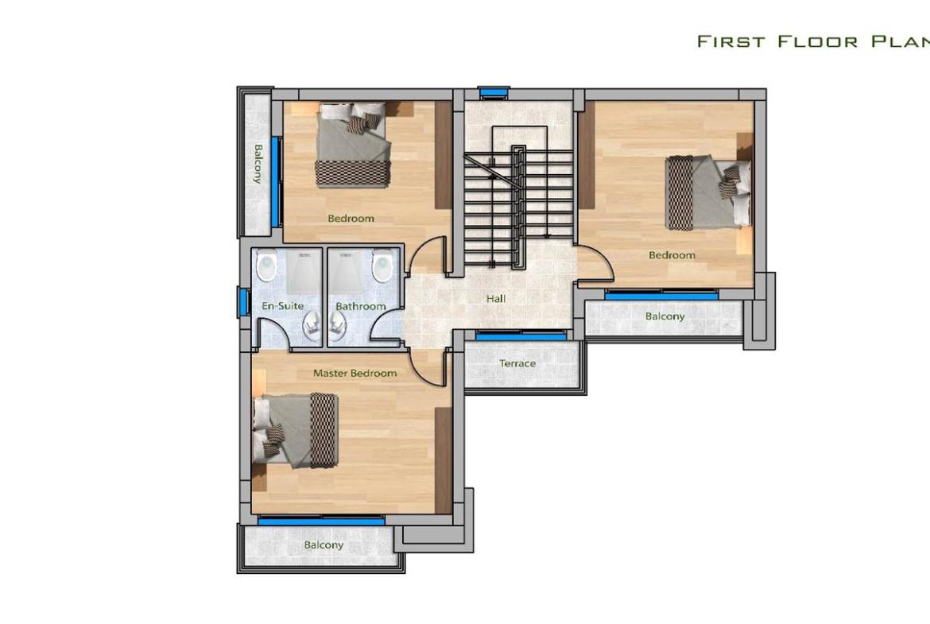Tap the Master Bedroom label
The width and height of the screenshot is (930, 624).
tap(355, 373)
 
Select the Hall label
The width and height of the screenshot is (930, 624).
tap(496, 298)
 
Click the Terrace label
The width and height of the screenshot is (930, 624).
tap(517, 363)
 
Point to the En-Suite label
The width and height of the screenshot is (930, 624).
tap(282, 306)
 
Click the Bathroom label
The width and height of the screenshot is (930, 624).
tap(361, 306)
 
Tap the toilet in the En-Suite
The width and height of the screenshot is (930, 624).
tap(267, 266)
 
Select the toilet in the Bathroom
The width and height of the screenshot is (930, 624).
tap(382, 266)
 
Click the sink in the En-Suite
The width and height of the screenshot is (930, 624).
tap(312, 326)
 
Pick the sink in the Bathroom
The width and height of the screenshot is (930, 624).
tap(338, 326)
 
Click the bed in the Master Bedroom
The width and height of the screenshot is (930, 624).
tap(296, 431)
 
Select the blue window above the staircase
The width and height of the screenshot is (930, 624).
tap(494, 92)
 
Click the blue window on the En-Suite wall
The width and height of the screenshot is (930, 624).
tap(243, 301)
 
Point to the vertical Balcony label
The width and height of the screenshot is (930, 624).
tap(258, 164)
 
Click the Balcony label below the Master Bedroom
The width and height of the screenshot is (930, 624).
tap(324, 545)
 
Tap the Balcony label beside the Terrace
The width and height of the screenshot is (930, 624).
tap(665, 316)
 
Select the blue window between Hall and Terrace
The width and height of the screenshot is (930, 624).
tap(521, 335)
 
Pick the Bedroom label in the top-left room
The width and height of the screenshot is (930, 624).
tap(351, 219)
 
